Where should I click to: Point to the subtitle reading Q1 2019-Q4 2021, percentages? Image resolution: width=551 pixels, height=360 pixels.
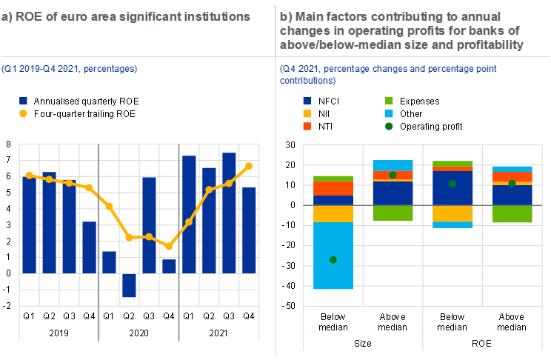coord(69,69)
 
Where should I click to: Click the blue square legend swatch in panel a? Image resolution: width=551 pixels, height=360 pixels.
coord(24,101)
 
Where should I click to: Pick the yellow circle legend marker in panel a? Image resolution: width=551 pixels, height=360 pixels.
coord(24,113)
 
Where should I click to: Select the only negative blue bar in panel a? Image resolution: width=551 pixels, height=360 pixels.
coord(129,285)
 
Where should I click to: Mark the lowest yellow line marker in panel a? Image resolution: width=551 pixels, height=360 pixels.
coord(169,246)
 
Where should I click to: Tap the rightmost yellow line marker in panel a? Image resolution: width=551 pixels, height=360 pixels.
coord(249,166)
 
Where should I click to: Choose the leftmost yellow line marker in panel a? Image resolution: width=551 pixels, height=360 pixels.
coord(29,176)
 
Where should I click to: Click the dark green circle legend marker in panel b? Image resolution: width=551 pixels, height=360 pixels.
coord(390,127)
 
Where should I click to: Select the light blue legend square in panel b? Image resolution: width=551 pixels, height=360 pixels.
coord(390,113)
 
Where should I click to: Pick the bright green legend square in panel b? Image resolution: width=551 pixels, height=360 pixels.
coord(390,101)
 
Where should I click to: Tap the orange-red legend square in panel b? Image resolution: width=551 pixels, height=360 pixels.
coord(307,127)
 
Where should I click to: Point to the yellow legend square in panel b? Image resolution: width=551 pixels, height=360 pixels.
coord(307,113)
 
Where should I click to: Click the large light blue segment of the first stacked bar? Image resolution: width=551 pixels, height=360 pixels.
coord(333,256)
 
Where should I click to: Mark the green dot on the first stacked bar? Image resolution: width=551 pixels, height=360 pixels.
coord(333,259)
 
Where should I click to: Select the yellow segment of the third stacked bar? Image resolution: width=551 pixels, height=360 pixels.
coord(452,213)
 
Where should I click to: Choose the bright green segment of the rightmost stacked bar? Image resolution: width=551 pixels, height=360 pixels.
coord(512,214)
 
